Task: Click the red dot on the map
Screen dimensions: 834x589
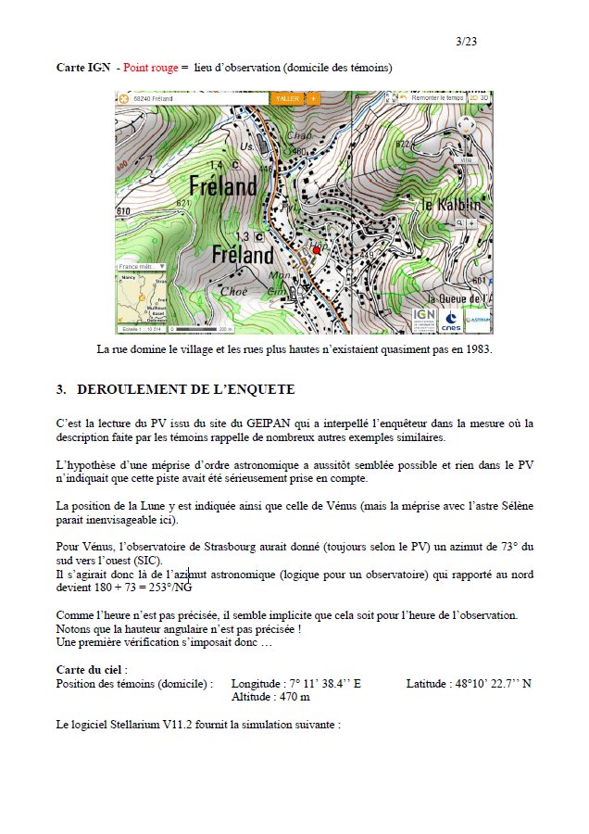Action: (x=316, y=250)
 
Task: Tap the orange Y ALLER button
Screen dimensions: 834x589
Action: (x=288, y=97)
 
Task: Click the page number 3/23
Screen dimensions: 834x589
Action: (x=467, y=42)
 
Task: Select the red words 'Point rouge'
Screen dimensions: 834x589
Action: (x=152, y=68)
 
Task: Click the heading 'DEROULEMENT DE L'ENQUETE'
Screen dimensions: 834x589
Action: (x=185, y=389)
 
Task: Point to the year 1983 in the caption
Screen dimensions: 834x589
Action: (x=478, y=349)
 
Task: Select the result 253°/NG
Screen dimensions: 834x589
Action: (x=169, y=587)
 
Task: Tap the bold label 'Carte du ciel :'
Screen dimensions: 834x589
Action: (x=92, y=669)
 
